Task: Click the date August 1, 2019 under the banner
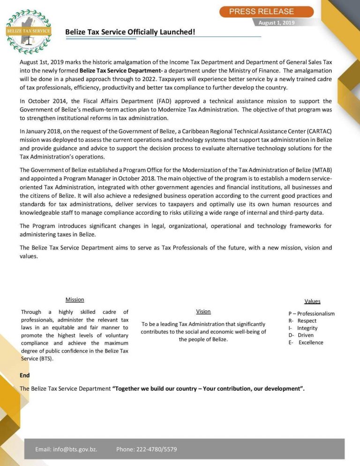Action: [x=277, y=23]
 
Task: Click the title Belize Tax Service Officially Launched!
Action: [x=130, y=32]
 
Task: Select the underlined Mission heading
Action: [x=75, y=300]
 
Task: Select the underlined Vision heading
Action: [x=203, y=311]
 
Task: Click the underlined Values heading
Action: [x=312, y=301]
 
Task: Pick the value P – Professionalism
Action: [x=311, y=314]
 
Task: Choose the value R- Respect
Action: [x=302, y=321]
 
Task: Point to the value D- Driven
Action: [x=301, y=335]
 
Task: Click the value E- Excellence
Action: [x=306, y=342]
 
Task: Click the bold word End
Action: [x=25, y=375]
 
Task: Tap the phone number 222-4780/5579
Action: [x=157, y=449]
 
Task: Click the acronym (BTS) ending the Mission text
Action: [x=46, y=359]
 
